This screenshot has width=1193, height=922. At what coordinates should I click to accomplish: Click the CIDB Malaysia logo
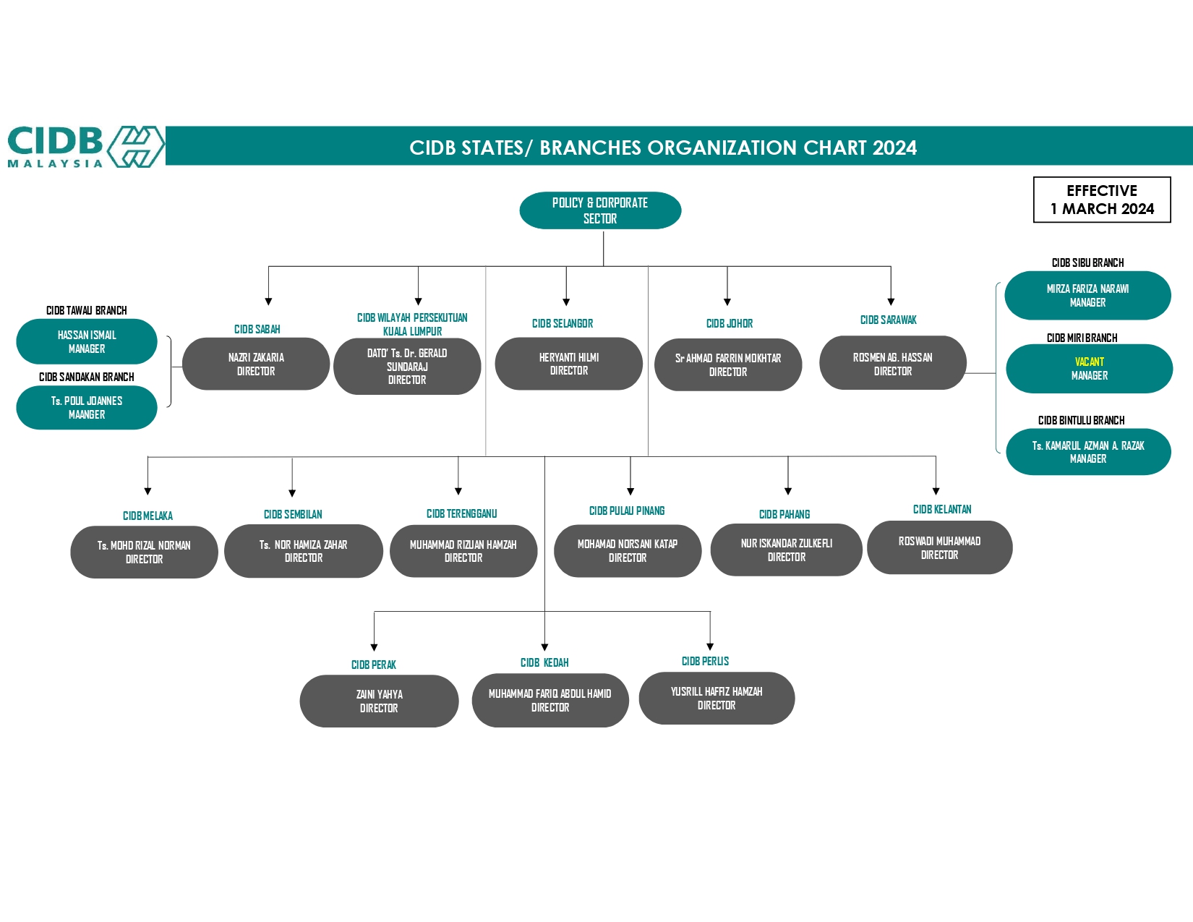(x=85, y=147)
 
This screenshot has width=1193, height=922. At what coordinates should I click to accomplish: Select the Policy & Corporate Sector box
(x=600, y=210)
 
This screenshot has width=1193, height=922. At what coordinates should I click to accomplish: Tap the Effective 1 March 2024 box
(x=1102, y=200)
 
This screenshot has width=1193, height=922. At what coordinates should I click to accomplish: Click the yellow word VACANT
(x=1089, y=362)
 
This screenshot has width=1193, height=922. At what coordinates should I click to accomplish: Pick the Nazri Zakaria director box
(x=256, y=364)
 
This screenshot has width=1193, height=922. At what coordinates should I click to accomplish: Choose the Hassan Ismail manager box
(x=87, y=341)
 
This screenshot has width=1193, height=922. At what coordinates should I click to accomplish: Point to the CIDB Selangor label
(x=563, y=323)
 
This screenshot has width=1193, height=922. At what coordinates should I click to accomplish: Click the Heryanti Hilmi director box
(x=569, y=364)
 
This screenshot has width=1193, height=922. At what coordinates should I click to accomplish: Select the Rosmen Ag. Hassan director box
(x=892, y=364)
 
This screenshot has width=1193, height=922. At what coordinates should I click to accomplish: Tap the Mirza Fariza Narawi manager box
(x=1087, y=295)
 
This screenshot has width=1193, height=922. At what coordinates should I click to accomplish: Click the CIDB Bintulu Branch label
(x=1081, y=420)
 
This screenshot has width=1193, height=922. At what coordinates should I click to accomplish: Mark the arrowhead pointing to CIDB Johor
(x=727, y=302)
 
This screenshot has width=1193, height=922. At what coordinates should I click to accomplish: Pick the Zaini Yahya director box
(x=379, y=701)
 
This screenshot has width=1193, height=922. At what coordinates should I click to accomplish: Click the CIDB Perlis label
(x=705, y=661)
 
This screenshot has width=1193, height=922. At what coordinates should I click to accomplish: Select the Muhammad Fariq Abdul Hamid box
(x=550, y=700)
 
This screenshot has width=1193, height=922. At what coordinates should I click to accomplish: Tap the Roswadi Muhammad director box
(x=939, y=547)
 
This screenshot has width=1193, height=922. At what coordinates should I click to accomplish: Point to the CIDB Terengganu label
(x=461, y=513)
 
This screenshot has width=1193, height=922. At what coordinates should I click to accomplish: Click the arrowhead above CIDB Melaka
(x=147, y=491)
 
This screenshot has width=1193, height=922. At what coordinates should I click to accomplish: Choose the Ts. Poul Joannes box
(x=87, y=407)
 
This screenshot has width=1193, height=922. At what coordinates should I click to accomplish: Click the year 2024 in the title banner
(x=894, y=148)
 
